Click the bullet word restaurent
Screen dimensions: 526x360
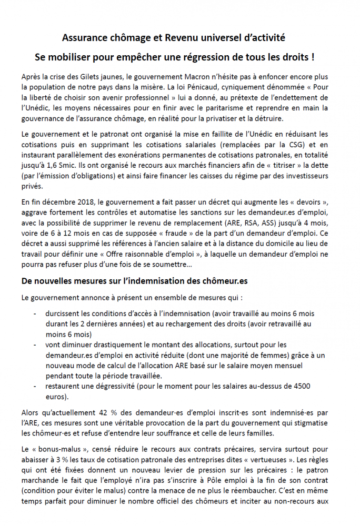(63, 387)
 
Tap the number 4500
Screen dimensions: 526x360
(302, 387)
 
